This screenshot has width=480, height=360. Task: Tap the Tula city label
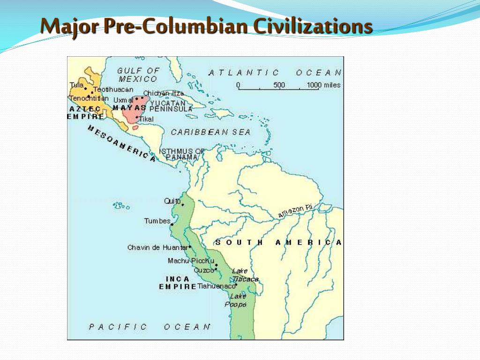point(76,85)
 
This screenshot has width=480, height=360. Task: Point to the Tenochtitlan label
point(89,99)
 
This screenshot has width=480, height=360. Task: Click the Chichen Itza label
point(164,93)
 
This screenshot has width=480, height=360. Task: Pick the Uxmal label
point(123,100)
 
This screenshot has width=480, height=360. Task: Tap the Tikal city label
point(146,119)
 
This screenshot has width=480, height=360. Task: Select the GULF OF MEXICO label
point(138,75)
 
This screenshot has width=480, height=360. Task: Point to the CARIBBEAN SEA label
point(210,132)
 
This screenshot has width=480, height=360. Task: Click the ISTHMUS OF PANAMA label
point(182,154)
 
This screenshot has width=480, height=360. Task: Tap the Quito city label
point(172,201)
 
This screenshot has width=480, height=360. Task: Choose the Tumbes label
point(157,221)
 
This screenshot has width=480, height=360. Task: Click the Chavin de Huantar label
point(157,247)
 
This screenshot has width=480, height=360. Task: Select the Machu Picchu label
point(191,261)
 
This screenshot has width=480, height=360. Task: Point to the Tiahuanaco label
point(216,286)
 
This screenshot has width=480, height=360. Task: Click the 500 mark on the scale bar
point(279,85)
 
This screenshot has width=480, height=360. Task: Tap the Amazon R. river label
point(295,211)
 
